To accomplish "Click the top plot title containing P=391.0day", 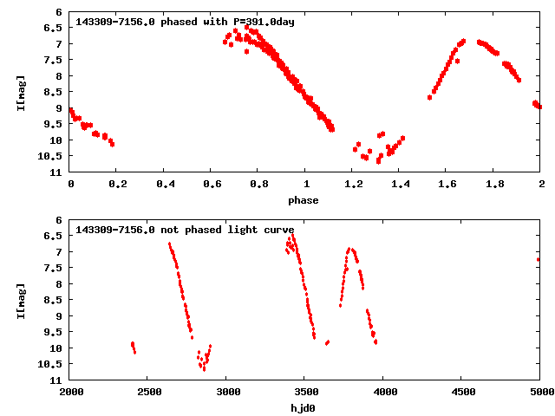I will [x=185, y=22].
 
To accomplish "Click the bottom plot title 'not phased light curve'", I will [x=185, y=230].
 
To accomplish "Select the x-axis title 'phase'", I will [x=304, y=200].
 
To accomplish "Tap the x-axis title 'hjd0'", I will [x=304, y=408].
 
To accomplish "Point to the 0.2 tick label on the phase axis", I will [x=117, y=185].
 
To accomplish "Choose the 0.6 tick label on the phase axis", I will [x=211, y=185].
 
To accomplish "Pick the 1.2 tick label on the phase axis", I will [x=352, y=185].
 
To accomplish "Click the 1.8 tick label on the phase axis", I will [x=493, y=185].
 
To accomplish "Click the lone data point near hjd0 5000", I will [x=539, y=259].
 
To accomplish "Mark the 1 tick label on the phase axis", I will [x=305, y=185].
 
